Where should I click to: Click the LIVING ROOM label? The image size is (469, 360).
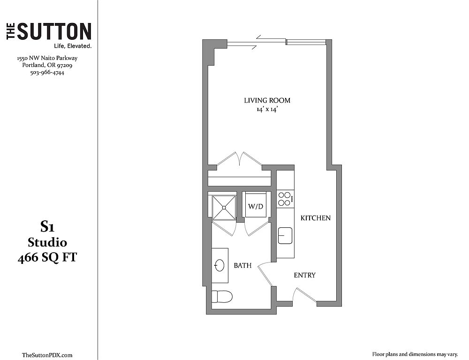(x=267, y=100)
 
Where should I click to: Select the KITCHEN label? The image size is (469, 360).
(x=316, y=218)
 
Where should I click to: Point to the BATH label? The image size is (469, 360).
(x=242, y=265)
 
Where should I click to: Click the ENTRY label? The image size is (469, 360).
(x=304, y=275)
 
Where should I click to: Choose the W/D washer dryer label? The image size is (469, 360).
(x=256, y=206)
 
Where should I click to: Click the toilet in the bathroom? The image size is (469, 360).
(x=222, y=297)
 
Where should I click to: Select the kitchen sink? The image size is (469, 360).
(x=285, y=236)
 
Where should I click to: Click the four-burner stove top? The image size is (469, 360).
(x=285, y=199)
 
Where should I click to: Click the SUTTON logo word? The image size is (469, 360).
(x=54, y=31)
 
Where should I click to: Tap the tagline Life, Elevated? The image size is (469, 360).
(x=72, y=46)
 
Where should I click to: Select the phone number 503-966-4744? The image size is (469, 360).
(x=47, y=72)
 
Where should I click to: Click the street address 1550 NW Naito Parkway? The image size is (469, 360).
(x=47, y=58)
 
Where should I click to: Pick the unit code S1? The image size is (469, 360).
(x=47, y=227)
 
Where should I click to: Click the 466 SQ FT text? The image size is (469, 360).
(x=47, y=257)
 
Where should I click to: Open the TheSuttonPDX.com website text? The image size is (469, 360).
(x=47, y=355)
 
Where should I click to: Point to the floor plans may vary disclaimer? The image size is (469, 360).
(x=415, y=355)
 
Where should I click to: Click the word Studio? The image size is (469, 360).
(x=47, y=242)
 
